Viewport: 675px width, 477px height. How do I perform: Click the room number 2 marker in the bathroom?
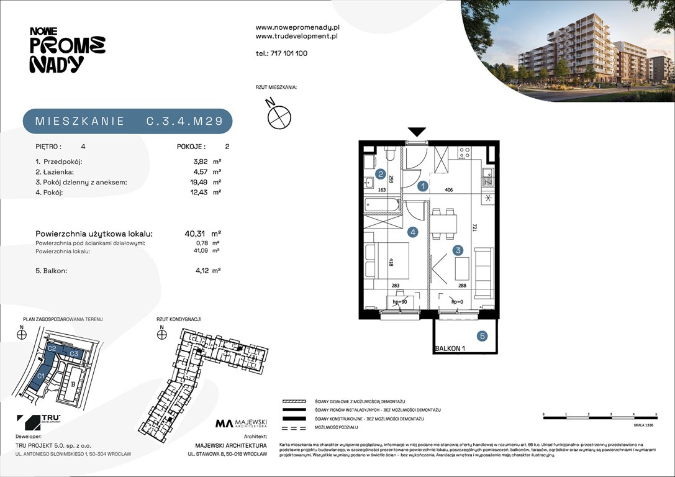pos(380,175)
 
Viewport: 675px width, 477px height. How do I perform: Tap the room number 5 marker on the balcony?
pos(482,337)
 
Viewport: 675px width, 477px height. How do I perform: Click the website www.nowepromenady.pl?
pos(297,28)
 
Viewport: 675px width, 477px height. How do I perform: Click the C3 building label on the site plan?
pos(73,353)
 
